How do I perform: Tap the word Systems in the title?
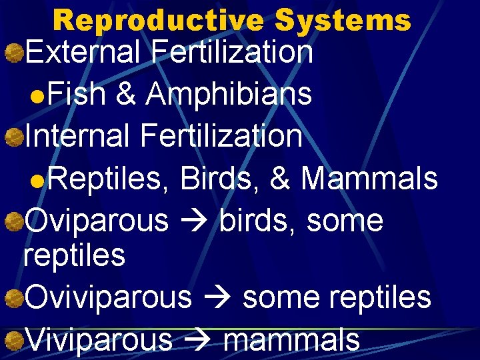tap(343, 20)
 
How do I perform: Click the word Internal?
tap(79, 136)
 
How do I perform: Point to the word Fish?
tap(77, 94)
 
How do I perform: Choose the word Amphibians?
tap(229, 94)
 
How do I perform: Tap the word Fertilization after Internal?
tap(221, 136)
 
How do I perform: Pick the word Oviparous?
tap(97, 221)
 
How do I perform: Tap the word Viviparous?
tap(98, 339)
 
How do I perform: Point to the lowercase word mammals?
tap(292, 339)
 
